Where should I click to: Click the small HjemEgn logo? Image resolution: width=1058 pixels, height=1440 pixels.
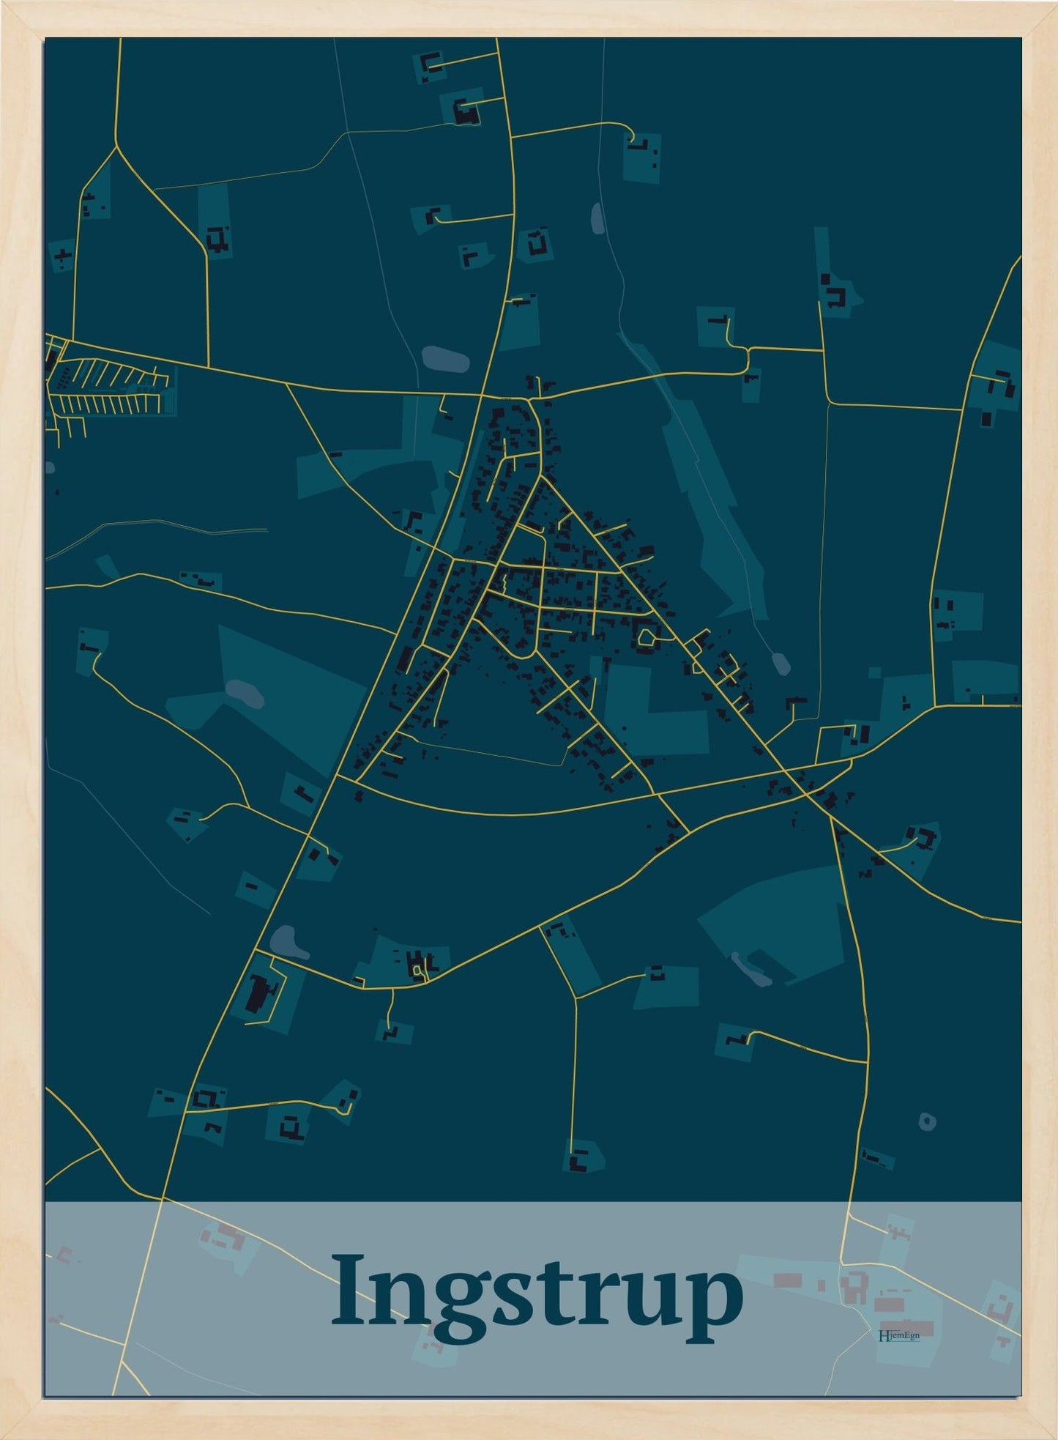click(x=898, y=1335)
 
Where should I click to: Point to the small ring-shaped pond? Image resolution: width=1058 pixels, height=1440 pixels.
click(x=928, y=1121)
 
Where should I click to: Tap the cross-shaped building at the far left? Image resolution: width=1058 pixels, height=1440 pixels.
click(x=64, y=255)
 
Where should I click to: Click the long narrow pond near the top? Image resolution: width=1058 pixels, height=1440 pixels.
click(x=598, y=218)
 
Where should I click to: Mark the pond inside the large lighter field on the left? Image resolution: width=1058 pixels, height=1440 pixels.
click(x=245, y=693)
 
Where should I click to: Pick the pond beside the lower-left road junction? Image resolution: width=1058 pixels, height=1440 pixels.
click(x=288, y=942)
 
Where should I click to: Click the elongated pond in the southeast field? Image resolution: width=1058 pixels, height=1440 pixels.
click(x=751, y=970)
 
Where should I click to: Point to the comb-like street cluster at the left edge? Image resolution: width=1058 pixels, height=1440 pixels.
click(x=110, y=388)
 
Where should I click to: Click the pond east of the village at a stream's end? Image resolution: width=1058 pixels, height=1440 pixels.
click(x=781, y=664)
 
